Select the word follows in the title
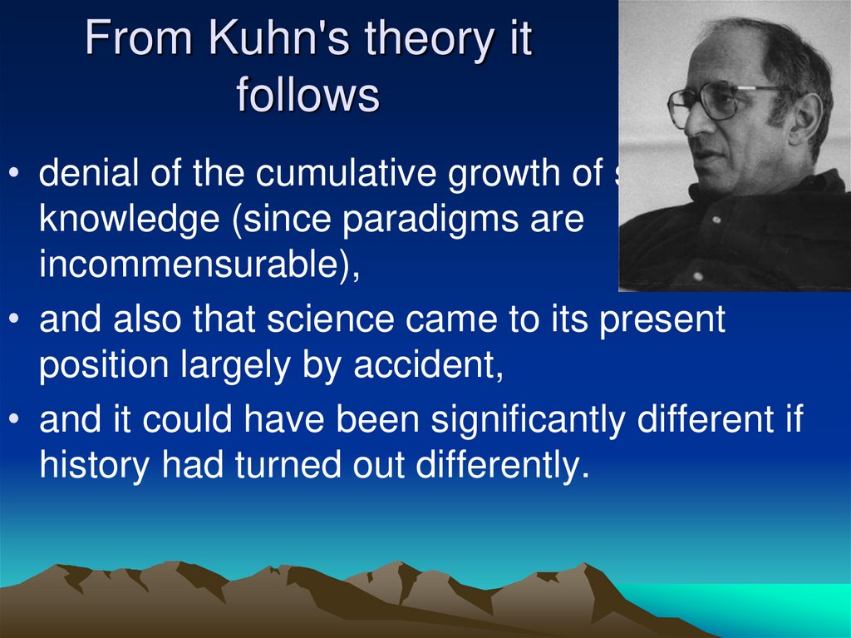307,96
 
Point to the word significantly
527,420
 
